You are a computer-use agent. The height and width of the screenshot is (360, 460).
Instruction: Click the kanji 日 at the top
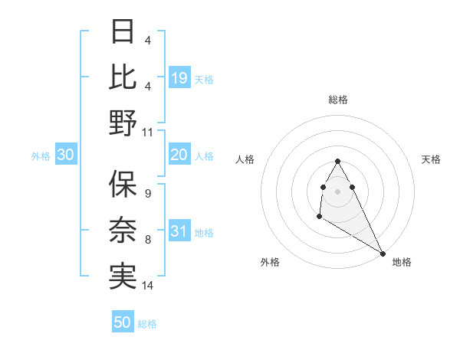123,33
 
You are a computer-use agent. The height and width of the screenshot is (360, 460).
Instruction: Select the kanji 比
123,78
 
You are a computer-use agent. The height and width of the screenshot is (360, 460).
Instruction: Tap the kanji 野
123,123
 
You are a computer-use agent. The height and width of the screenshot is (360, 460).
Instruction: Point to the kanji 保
123,184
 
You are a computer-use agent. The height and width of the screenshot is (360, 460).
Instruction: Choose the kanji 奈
123,230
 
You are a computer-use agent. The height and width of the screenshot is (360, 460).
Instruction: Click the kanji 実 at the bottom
123,275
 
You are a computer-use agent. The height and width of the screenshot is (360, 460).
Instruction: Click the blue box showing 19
179,78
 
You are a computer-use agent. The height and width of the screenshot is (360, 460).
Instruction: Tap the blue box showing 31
179,232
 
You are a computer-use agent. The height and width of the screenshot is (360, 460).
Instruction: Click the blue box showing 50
123,322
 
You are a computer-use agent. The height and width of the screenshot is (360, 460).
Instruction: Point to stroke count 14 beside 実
148,286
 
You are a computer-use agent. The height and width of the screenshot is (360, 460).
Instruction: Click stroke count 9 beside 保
147,193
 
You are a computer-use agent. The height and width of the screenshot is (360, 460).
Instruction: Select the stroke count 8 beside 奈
147,240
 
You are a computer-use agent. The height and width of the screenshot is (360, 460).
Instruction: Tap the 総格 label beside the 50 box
147,324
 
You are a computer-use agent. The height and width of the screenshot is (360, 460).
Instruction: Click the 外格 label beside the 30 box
41,156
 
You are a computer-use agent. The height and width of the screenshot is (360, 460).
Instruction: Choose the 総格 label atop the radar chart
338,100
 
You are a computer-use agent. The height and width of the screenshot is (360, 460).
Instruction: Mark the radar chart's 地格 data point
383,254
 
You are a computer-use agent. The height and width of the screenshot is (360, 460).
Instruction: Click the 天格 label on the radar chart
432,159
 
